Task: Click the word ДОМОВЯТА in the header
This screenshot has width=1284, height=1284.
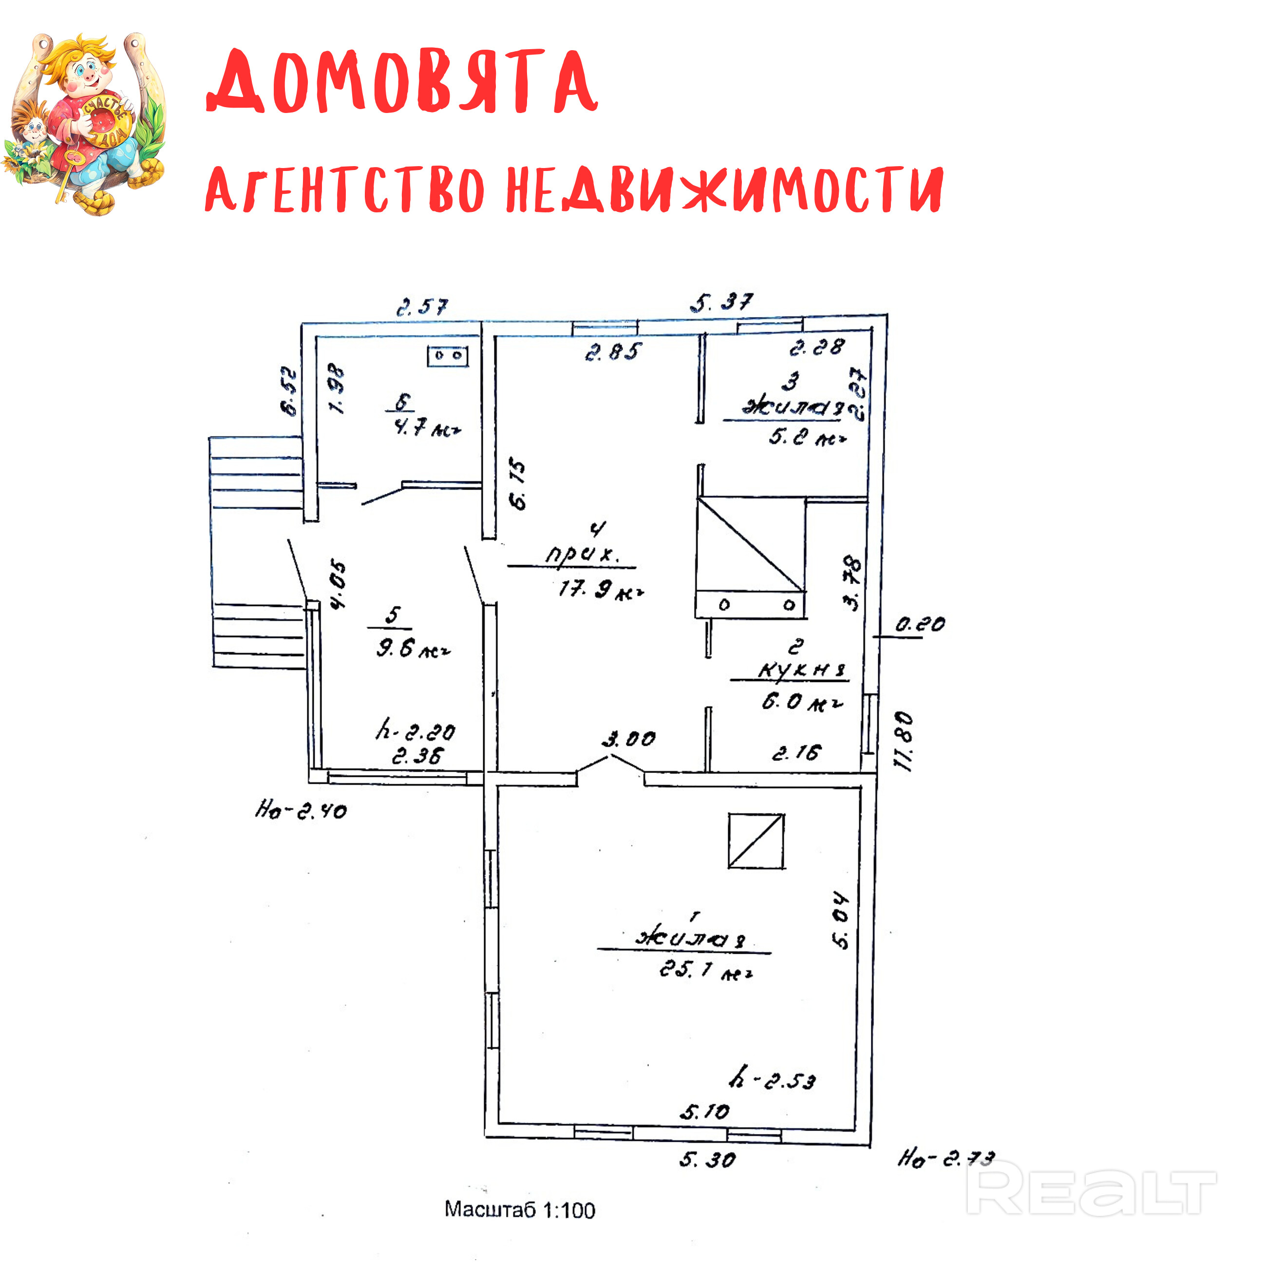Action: tap(402, 81)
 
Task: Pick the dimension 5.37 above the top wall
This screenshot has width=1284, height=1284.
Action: tap(722, 303)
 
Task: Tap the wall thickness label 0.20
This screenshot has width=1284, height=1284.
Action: tap(920, 625)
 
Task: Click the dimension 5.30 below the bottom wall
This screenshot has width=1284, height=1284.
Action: tap(707, 1160)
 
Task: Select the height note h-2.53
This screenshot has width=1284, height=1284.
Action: tap(772, 1078)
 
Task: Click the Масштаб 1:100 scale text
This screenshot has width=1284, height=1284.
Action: tap(520, 1209)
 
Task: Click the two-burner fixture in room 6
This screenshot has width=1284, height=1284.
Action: tap(447, 356)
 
